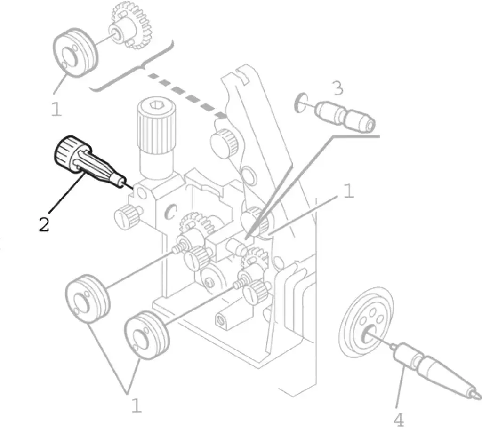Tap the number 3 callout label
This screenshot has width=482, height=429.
337,88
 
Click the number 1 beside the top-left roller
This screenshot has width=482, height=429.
56,109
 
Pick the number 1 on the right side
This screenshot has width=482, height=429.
348,191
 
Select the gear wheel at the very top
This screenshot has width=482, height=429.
131,26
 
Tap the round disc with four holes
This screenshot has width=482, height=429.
368,323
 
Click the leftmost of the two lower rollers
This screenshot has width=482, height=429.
87,298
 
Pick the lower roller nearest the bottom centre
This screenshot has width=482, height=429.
147,335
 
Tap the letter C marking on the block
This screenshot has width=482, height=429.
170,212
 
